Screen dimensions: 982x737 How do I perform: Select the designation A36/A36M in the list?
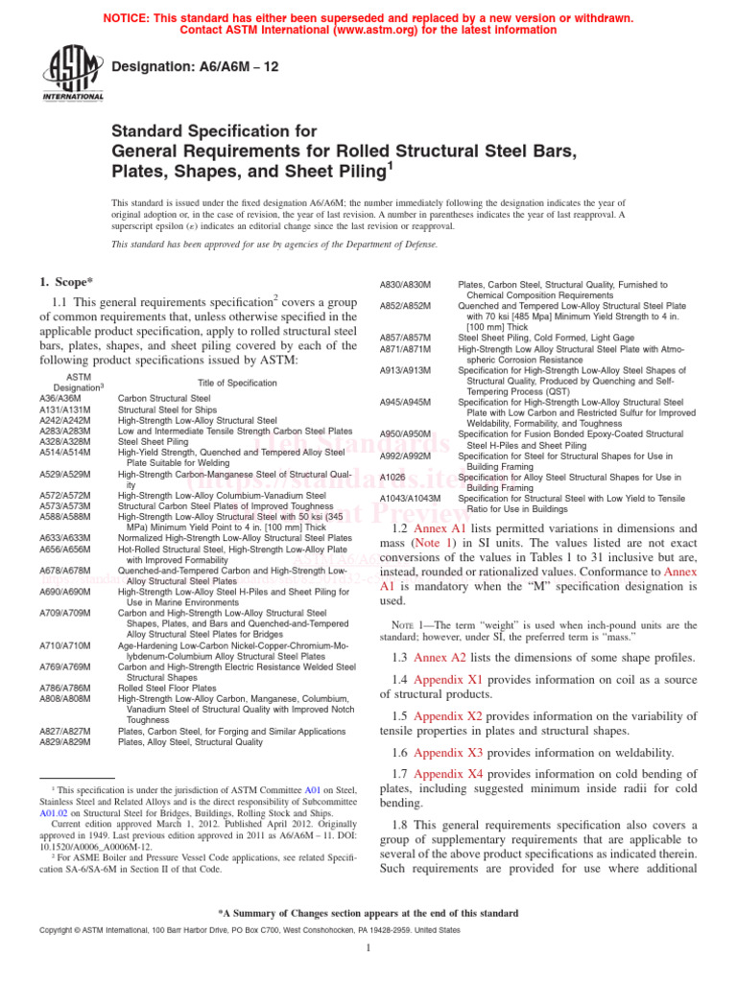pos(59,397)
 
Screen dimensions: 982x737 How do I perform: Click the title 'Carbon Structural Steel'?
pos(163,397)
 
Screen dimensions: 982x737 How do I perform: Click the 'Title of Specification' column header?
pos(237,383)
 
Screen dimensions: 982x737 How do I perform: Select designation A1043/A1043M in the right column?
pos(411,498)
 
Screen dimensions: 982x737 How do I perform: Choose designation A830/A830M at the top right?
pos(406,285)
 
